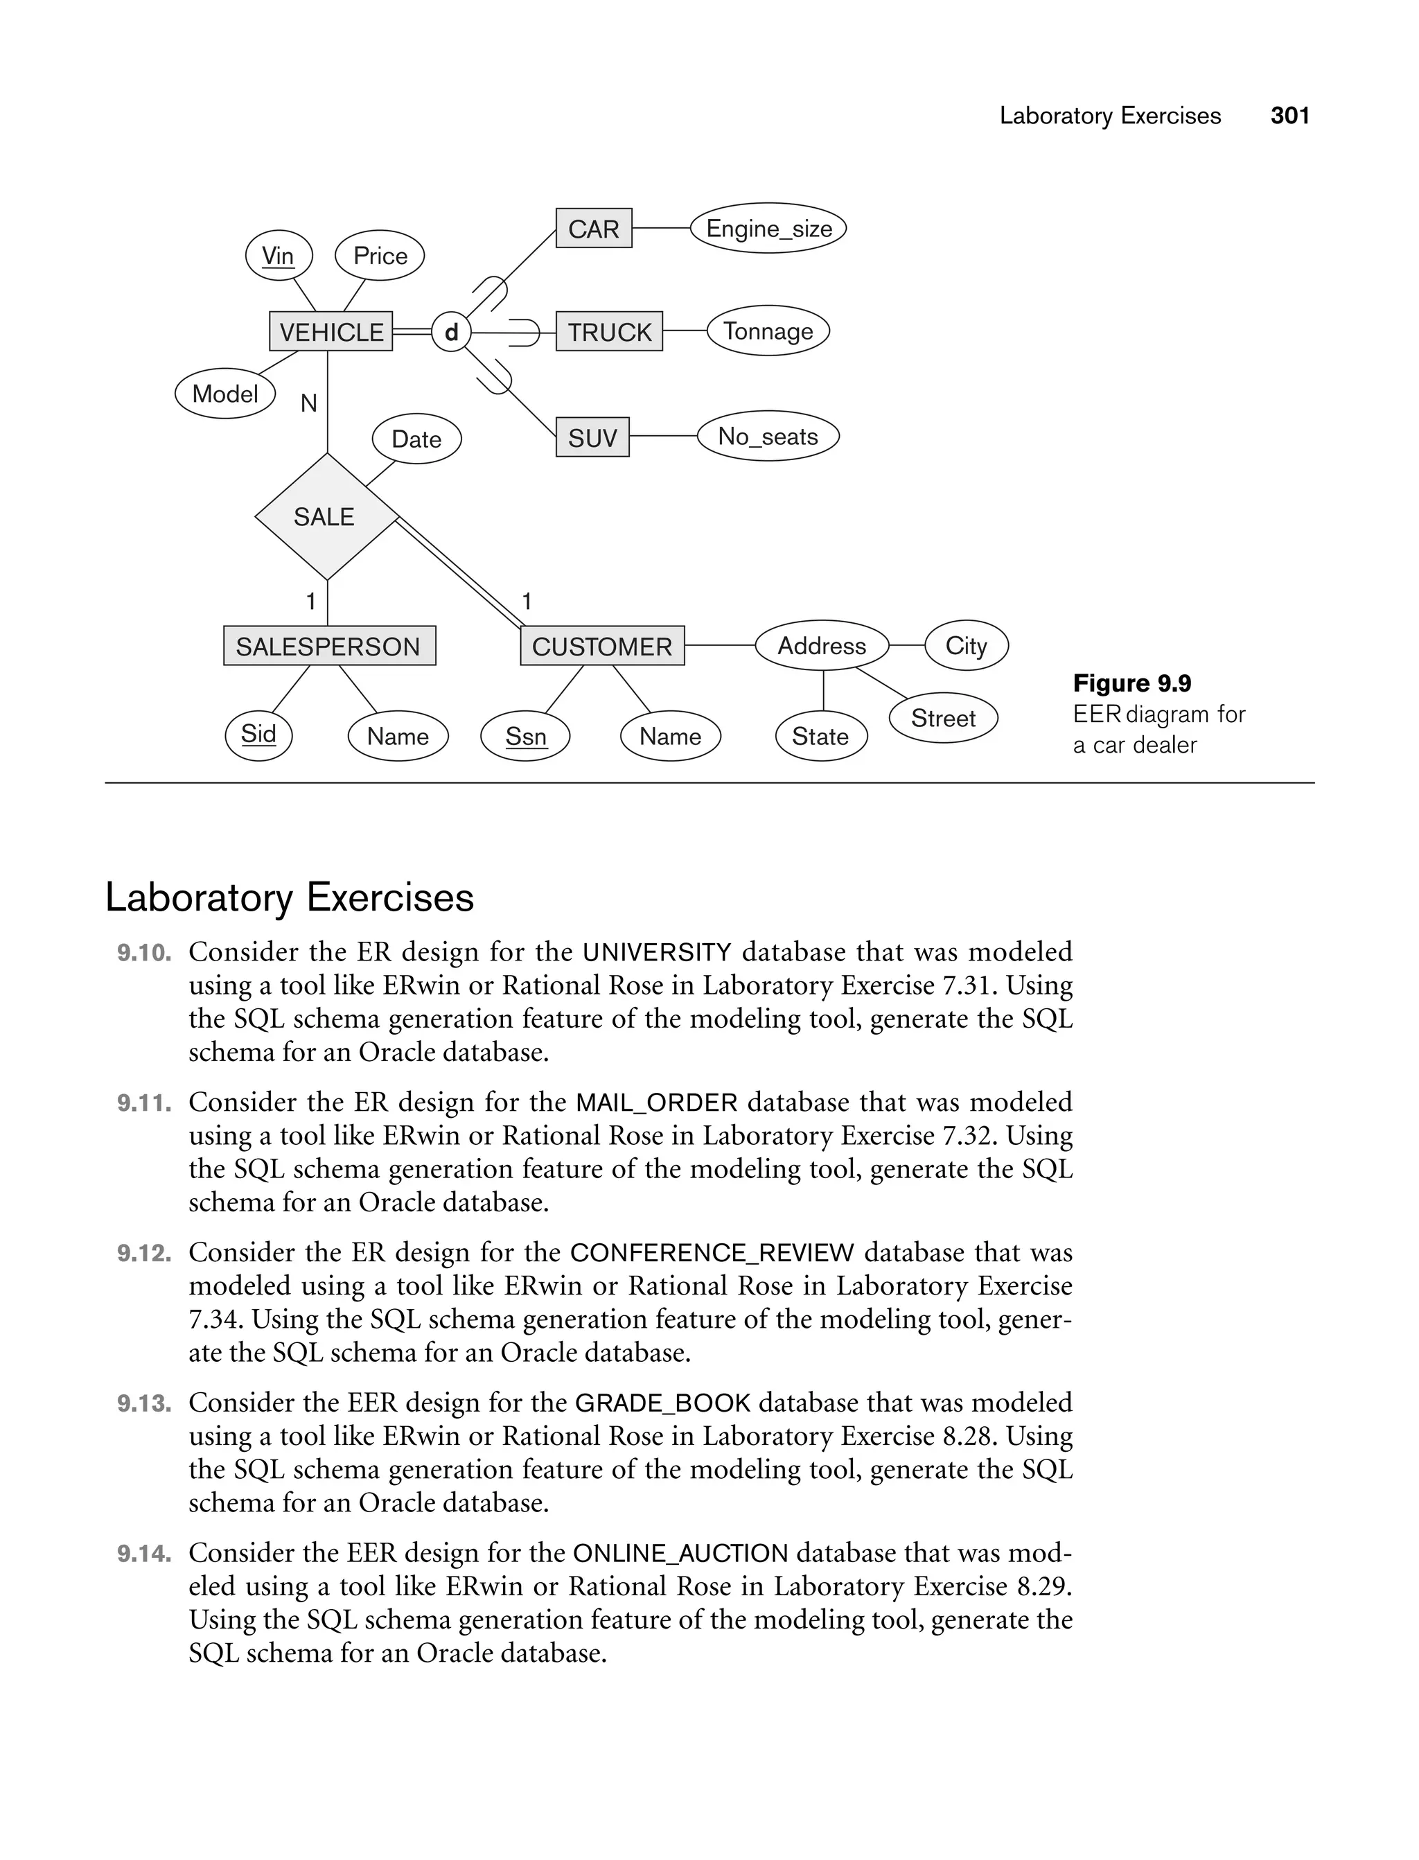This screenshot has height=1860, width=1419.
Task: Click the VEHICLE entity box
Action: coord(330,331)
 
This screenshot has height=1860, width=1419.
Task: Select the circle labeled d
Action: coord(451,332)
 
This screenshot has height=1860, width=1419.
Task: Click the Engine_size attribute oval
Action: coord(768,228)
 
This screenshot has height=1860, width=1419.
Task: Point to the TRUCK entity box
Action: coord(609,331)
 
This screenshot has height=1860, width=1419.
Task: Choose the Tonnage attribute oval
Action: coord(768,331)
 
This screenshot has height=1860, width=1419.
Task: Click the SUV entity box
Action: coord(592,437)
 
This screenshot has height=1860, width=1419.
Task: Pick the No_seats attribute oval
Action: coord(768,437)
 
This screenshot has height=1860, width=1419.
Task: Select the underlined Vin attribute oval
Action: coord(278,255)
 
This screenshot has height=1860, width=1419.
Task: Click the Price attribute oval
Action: coord(380,255)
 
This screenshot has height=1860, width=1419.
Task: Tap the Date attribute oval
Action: coord(416,439)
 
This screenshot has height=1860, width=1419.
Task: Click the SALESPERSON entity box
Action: coord(328,646)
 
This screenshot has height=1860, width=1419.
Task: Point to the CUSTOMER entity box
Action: coord(601,646)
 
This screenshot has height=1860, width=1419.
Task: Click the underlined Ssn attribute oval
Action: coord(525,737)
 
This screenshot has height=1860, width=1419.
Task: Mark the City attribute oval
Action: coord(967,645)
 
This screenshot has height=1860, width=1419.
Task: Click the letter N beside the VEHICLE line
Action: coord(309,404)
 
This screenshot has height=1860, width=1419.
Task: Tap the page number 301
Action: coord(1289,116)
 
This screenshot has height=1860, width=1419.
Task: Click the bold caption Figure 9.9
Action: coord(1132,683)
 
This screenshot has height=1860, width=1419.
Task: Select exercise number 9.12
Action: coord(143,1254)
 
